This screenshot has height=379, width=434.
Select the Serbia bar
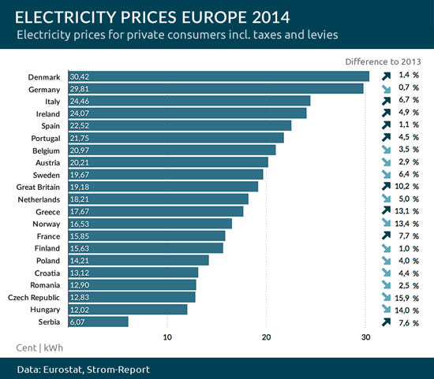pyautogui.click(x=98, y=321)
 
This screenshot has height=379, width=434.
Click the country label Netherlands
pyautogui.click(x=39, y=199)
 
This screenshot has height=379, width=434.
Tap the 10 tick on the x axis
pyautogui.click(x=167, y=337)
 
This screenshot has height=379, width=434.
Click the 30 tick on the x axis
pyautogui.click(x=365, y=337)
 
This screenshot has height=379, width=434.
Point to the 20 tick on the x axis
pyautogui.click(x=267, y=337)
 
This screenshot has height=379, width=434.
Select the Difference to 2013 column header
pyautogui.click(x=383, y=61)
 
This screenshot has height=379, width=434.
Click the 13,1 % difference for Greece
pyautogui.click(x=407, y=211)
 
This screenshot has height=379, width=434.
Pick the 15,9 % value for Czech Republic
pyautogui.click(x=407, y=297)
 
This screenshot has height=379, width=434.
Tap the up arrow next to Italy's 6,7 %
pyautogui.click(x=386, y=101)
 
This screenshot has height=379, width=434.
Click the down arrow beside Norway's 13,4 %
pyautogui.click(x=386, y=224)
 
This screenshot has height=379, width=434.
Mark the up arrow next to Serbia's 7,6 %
pyautogui.click(x=386, y=321)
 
